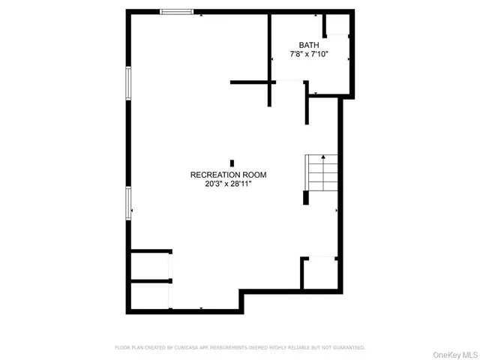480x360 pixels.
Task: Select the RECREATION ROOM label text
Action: [x=228, y=175]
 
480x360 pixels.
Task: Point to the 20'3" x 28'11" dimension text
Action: [x=228, y=184]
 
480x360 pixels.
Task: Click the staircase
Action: [x=321, y=173]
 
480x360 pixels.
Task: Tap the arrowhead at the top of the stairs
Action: [x=322, y=157]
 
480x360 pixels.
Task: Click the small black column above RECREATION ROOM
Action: [x=232, y=163]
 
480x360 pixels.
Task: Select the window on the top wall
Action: [x=177, y=11]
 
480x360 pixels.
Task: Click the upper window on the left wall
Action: [x=129, y=83]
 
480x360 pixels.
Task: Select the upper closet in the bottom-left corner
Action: [x=150, y=266]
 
